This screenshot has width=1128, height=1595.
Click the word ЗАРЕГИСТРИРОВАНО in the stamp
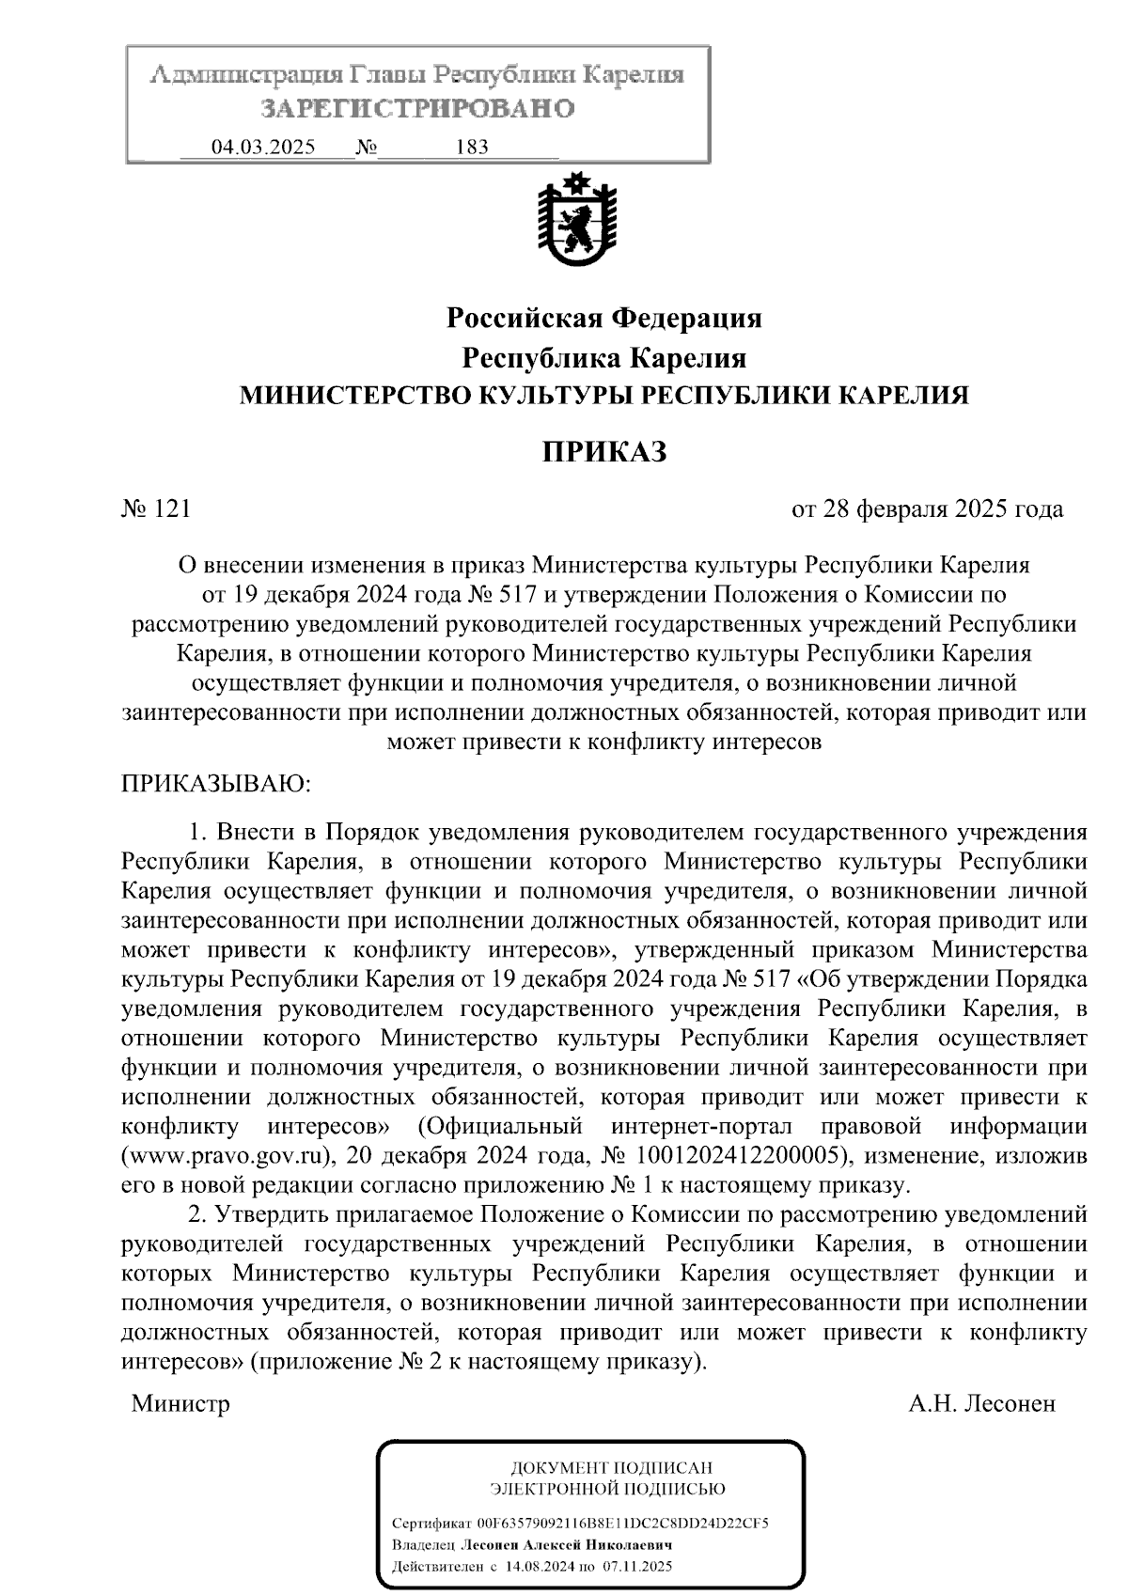tap(417, 109)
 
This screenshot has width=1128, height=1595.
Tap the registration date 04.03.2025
tap(264, 148)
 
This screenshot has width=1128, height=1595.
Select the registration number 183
tap(471, 148)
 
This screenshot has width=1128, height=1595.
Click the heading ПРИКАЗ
tap(604, 452)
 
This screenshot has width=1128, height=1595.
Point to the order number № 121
tap(157, 509)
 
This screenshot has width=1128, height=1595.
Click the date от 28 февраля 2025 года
tap(928, 509)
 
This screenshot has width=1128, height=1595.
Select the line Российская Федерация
tap(603, 319)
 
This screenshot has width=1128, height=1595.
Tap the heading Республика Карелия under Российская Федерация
tap(603, 358)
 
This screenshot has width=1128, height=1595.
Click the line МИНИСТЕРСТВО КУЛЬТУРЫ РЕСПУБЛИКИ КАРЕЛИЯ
tap(603, 396)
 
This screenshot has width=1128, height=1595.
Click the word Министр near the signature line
tap(180, 1404)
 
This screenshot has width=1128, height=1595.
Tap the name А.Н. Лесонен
tap(981, 1404)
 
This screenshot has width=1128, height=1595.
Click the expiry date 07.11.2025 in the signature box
tap(637, 1567)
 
